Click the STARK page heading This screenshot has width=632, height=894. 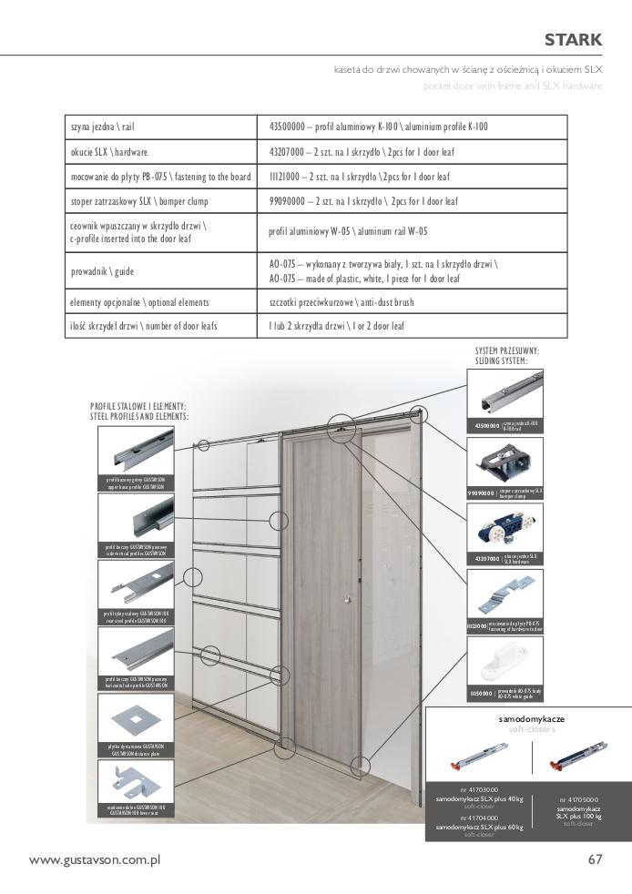tap(573, 39)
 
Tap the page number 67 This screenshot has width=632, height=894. tap(595, 859)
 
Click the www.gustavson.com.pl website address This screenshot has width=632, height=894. tap(95, 859)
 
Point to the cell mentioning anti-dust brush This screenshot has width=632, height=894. tap(342, 301)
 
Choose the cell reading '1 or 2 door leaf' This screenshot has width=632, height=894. tap(337, 325)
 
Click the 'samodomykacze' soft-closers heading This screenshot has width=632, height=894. tap(532, 718)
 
